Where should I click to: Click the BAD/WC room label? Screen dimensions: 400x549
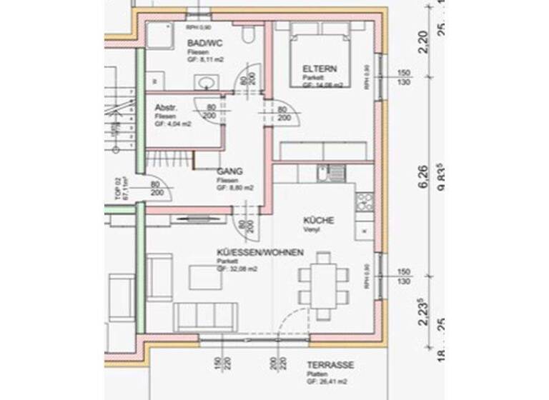tap(200, 44)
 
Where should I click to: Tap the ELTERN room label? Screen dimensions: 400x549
tap(319, 69)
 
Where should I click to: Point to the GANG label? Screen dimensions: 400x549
tap(230, 171)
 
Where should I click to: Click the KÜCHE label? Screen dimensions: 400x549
tap(319, 221)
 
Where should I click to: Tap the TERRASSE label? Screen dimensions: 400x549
tap(330, 365)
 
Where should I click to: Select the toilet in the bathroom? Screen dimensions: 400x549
tap(247, 36)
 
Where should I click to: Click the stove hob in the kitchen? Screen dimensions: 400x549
tap(365, 201)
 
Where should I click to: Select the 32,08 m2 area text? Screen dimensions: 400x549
tap(239, 271)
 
